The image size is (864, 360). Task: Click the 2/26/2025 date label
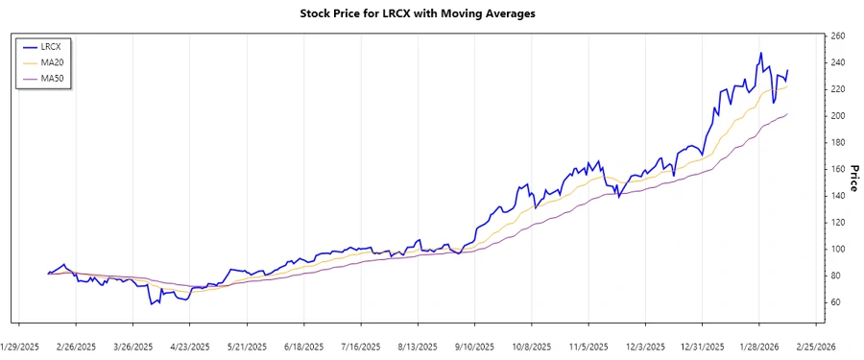76,346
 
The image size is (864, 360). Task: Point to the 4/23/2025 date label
190,346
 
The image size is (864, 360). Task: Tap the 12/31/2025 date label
702,346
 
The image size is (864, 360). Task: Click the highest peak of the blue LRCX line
761,54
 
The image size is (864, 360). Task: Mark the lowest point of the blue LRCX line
151,304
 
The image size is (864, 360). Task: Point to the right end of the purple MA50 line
787,114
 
